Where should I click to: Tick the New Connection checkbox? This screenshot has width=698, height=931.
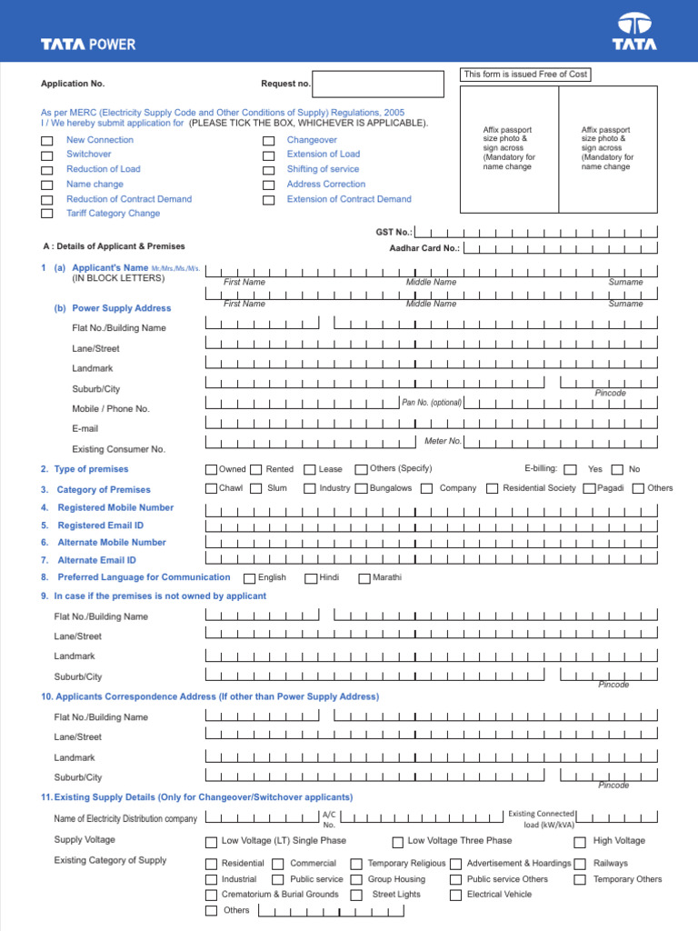click(x=46, y=141)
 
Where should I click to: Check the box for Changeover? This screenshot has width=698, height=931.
click(x=268, y=141)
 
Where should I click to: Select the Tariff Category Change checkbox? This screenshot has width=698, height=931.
click(x=46, y=214)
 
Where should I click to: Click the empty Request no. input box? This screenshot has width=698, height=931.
click(x=378, y=84)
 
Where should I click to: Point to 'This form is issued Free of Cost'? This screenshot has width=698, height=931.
click(x=525, y=75)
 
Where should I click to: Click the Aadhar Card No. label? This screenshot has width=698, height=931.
click(x=424, y=248)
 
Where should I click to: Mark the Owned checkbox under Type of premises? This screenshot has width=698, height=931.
click(x=212, y=470)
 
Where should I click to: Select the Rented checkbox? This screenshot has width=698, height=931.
click(x=257, y=470)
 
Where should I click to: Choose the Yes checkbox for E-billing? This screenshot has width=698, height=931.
click(x=570, y=470)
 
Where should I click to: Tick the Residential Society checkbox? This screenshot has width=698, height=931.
click(x=493, y=489)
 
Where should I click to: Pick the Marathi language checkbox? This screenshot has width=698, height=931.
click(x=364, y=578)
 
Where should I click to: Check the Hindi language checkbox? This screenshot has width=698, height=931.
click(x=310, y=578)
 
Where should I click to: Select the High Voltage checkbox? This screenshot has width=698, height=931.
click(x=580, y=842)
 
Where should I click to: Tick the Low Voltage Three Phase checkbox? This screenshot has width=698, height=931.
click(x=398, y=842)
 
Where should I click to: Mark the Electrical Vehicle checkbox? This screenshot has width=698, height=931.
click(x=455, y=896)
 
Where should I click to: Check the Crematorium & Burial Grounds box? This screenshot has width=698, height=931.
click(x=212, y=896)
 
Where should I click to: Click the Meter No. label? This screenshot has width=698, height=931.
click(x=443, y=442)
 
